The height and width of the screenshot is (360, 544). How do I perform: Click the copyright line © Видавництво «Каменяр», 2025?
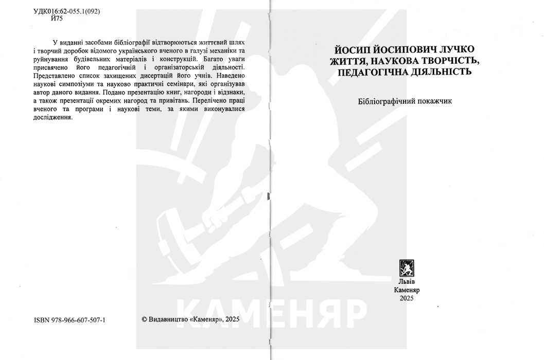[x=190, y=319]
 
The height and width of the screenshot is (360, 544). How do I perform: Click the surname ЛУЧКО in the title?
[x=454, y=49]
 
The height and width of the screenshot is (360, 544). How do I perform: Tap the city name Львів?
[x=406, y=282]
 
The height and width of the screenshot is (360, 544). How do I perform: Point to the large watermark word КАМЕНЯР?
[x=273, y=312]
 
